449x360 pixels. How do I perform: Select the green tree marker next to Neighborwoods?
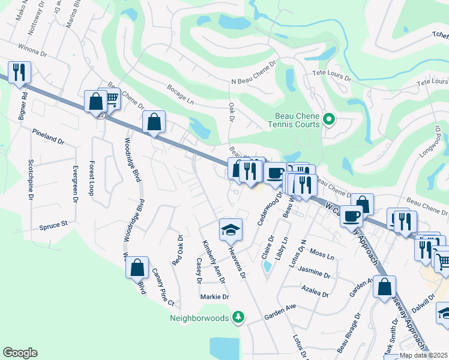238,316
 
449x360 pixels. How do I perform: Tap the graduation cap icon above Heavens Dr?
230,230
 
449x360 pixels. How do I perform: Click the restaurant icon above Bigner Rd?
19,73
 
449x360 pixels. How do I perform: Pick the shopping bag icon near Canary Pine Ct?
137,266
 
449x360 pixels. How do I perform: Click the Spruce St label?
54,227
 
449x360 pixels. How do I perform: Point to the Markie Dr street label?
215,296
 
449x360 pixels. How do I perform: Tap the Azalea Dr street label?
316,292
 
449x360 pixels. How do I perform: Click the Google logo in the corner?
20,353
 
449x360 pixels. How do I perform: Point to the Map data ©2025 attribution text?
424,355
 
